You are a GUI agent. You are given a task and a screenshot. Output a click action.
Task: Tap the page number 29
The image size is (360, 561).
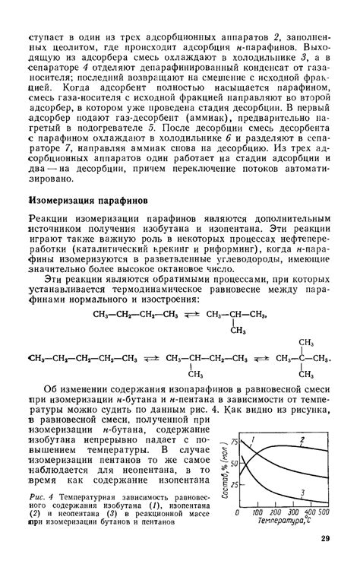(x=325, y=539)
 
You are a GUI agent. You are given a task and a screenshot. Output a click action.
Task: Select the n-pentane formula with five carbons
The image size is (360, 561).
(x=82, y=338)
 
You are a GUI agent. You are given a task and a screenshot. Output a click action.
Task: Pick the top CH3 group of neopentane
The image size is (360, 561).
(x=307, y=322)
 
